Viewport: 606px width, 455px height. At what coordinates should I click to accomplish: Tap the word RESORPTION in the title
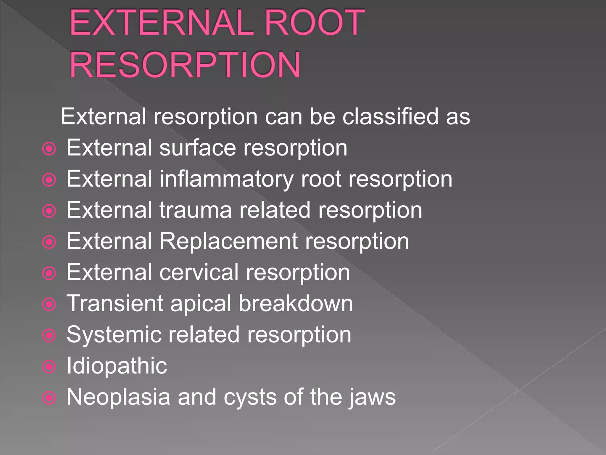pyautogui.click(x=185, y=65)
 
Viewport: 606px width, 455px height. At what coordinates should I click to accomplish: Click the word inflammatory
pyautogui.click(x=226, y=180)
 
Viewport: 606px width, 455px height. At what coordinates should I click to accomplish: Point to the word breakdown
pyautogui.click(x=296, y=303)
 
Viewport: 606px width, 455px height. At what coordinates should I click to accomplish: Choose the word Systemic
pyautogui.click(x=114, y=335)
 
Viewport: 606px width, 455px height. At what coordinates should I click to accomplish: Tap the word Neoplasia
pyautogui.click(x=118, y=397)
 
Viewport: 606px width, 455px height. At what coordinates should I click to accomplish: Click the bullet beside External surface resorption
pyautogui.click(x=49, y=149)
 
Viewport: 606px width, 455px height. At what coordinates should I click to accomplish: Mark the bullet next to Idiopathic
pyautogui.click(x=49, y=367)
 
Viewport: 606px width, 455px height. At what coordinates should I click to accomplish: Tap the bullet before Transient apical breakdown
pyautogui.click(x=49, y=304)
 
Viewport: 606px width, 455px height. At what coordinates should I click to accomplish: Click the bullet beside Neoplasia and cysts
pyautogui.click(x=49, y=398)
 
